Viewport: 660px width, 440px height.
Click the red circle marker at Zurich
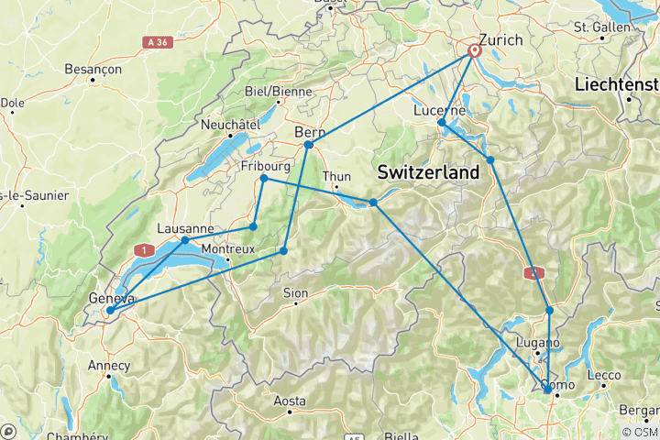click(x=475, y=51)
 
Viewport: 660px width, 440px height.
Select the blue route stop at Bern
click(x=308, y=145)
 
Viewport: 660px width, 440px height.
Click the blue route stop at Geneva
click(x=109, y=311)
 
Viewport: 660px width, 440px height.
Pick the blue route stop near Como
click(x=547, y=390)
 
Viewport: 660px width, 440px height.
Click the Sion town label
click(x=294, y=293)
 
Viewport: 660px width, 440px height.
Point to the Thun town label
click(x=336, y=177)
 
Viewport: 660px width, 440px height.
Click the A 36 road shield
click(x=157, y=41)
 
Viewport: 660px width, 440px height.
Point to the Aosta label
click(x=289, y=401)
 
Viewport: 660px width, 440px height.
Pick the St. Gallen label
click(x=602, y=27)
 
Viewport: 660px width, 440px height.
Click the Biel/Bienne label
click(x=279, y=91)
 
